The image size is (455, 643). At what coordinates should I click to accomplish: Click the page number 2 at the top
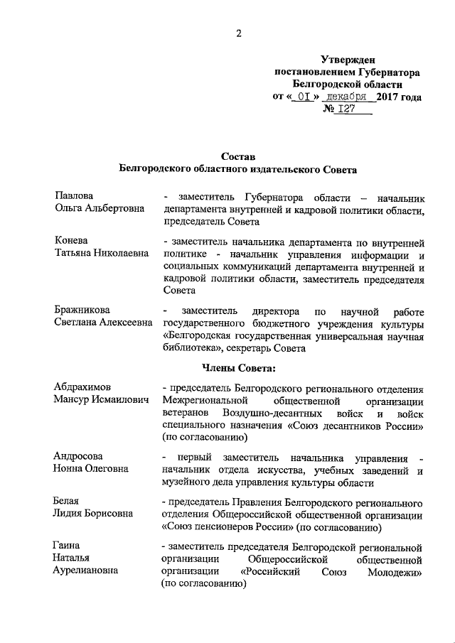(x=240, y=33)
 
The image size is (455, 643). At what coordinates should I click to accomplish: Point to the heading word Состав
(x=237, y=156)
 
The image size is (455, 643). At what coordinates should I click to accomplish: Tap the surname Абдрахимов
(x=82, y=387)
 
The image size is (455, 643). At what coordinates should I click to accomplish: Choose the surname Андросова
(x=78, y=456)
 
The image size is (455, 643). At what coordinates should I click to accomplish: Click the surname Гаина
(x=68, y=546)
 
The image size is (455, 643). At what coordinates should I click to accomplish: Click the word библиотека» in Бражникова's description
(x=193, y=349)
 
